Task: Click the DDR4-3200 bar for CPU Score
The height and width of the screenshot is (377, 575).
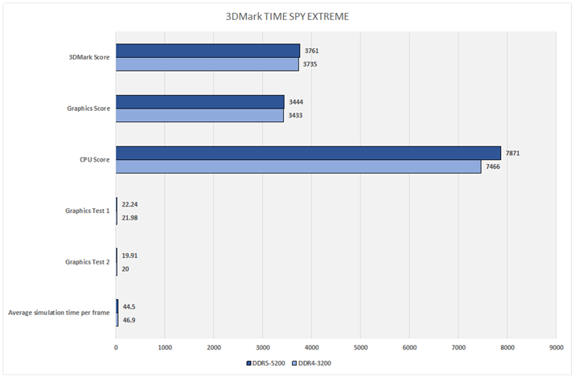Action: tap(298, 166)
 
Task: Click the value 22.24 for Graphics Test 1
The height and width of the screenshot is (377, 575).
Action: tap(132, 204)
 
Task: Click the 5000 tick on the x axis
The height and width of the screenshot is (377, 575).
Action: tap(360, 347)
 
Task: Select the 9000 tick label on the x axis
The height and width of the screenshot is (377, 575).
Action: tap(556, 347)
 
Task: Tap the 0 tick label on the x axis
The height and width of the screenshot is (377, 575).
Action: tap(117, 347)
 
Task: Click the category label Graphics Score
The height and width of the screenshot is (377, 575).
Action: tap(88, 109)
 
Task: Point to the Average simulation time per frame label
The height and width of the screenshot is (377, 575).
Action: tap(57, 313)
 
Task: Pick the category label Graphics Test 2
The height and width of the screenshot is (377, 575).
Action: tap(88, 262)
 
